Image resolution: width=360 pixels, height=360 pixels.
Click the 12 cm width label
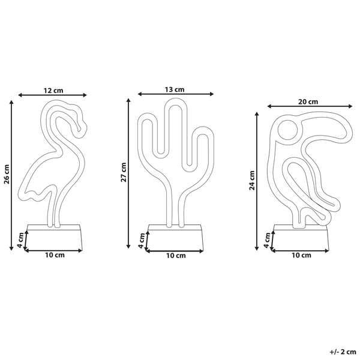[x=53, y=91]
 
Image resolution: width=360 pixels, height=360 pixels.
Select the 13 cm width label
[x=175, y=89]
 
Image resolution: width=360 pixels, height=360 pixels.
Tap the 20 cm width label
[x=308, y=101]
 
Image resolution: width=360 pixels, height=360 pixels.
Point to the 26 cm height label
[x=7, y=174]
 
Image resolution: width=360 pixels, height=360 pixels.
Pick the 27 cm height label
[x=124, y=172]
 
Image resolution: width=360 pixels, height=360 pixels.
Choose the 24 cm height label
[x=252, y=181]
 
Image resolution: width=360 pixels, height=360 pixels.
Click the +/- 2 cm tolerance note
[x=343, y=352]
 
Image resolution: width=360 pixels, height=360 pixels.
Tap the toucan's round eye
[x=287, y=130]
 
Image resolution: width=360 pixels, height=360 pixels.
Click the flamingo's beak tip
[x=79, y=131]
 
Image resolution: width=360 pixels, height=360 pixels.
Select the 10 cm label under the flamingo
[x=55, y=255]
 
